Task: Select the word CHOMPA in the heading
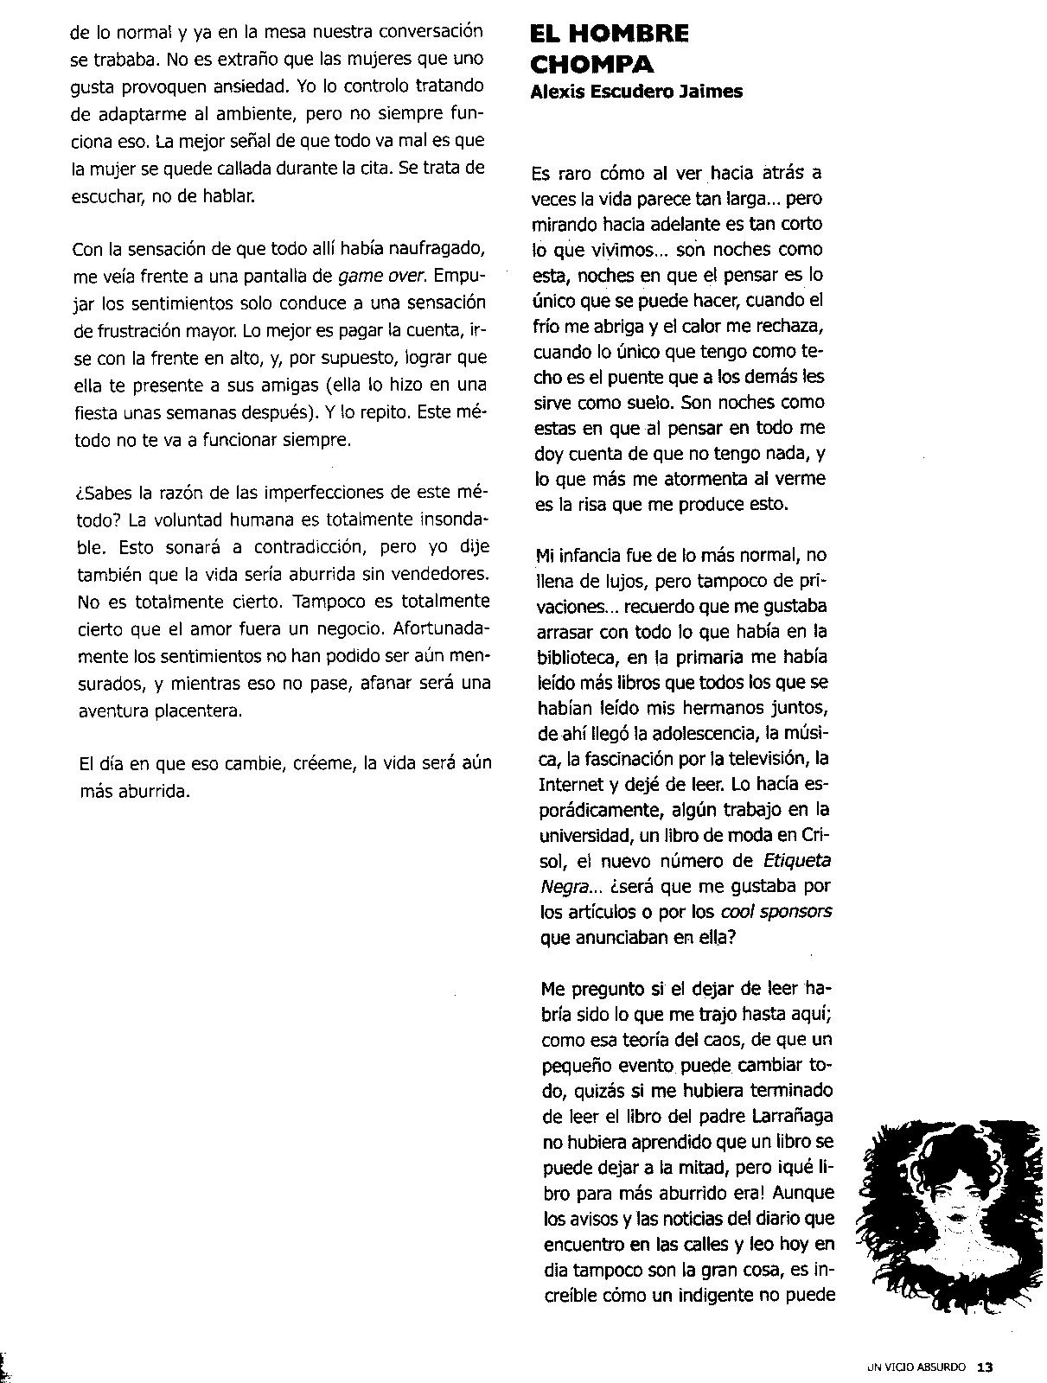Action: click(580, 65)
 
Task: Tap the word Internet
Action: click(569, 784)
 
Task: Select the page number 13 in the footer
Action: click(985, 1367)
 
